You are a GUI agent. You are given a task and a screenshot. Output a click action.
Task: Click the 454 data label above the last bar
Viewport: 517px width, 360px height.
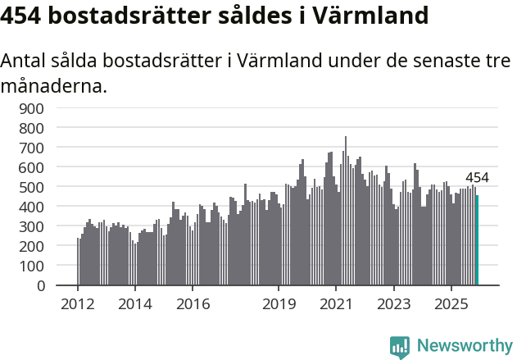477,178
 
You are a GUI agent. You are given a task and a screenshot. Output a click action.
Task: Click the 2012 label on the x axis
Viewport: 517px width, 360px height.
78,304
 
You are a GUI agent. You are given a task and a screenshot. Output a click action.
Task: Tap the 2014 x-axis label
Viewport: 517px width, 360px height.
135,304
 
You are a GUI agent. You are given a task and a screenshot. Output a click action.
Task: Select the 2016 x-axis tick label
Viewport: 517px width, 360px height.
193,304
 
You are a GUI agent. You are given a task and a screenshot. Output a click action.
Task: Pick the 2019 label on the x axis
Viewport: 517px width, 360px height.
279,304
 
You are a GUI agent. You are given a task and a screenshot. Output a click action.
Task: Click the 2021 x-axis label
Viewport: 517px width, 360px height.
336,304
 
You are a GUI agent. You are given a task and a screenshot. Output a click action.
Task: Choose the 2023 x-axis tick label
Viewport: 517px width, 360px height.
393,304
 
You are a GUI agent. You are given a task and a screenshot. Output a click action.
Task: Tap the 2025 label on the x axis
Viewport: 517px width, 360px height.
451,304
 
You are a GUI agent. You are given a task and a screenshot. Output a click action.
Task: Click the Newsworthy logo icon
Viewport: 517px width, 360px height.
400,347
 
